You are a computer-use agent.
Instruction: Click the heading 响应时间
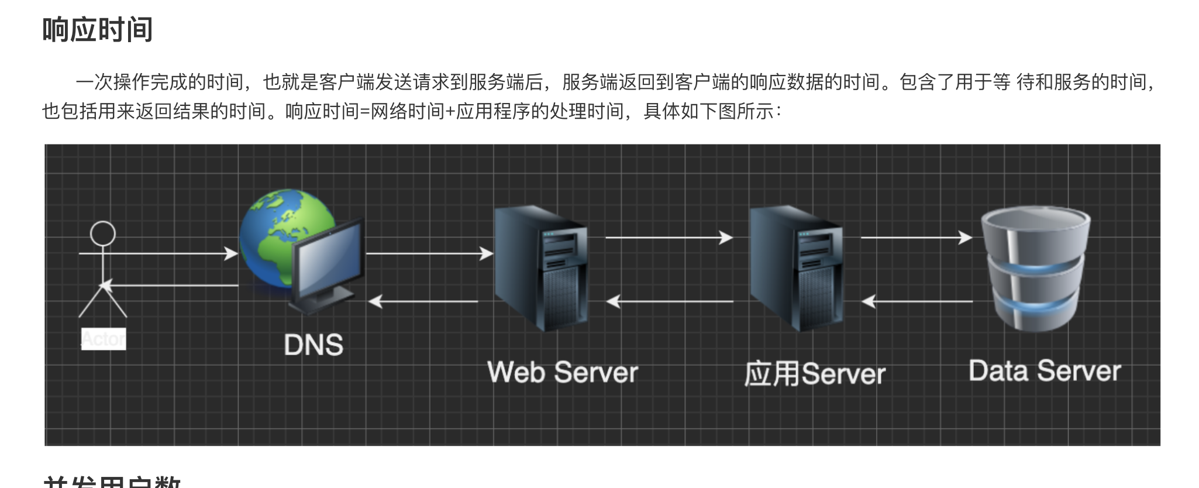(98, 30)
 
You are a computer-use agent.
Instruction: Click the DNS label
(313, 345)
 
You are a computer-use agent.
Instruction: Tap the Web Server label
(562, 373)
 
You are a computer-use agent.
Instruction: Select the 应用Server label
(815, 374)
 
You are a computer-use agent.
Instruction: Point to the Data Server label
(1045, 372)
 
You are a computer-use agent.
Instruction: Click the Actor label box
(104, 339)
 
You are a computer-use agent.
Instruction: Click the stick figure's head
(103, 233)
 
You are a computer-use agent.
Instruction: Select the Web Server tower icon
(539, 269)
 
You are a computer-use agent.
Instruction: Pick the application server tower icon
(795, 269)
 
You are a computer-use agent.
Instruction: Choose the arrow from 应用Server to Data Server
(916, 238)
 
